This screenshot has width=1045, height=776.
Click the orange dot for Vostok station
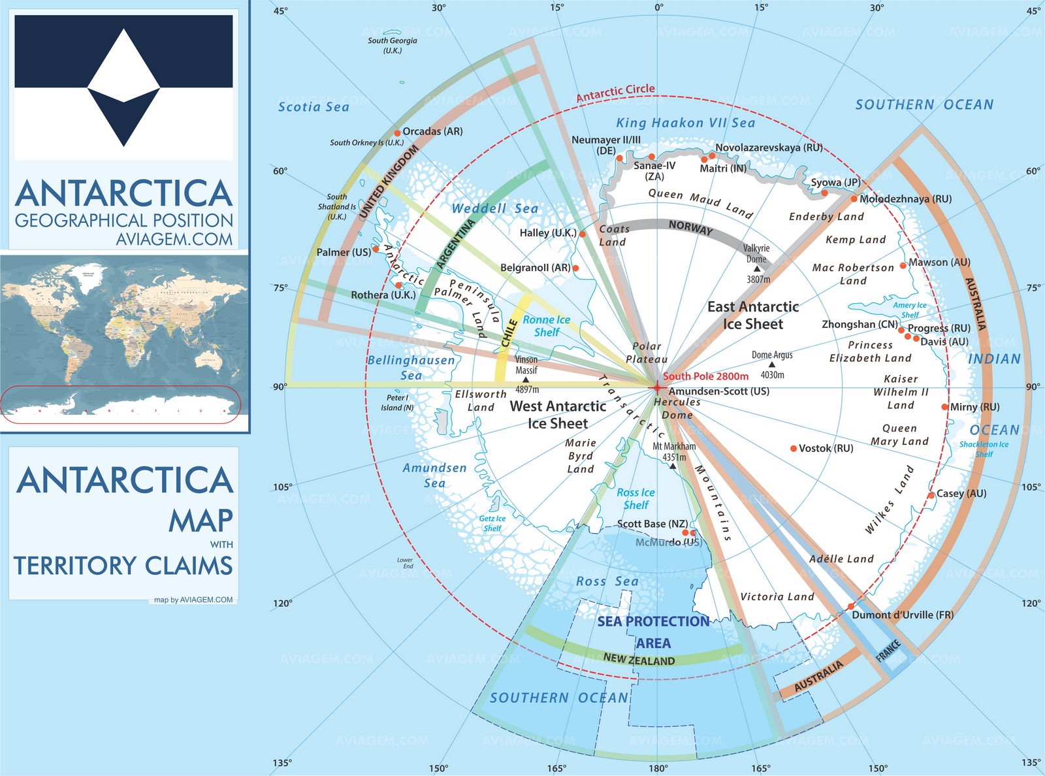[794, 449]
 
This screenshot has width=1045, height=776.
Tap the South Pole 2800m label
[705, 376]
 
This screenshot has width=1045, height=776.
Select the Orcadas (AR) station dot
[396, 133]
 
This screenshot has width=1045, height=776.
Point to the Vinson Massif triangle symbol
[526, 380]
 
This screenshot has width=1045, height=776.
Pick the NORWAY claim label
[690, 227]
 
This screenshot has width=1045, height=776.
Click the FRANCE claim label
[888, 651]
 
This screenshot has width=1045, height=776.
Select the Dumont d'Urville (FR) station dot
[850, 607]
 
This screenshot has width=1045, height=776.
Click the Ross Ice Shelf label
[635, 498]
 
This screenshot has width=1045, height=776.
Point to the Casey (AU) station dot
[931, 496]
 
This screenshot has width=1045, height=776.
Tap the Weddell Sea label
[495, 208]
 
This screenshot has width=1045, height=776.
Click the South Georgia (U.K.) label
[392, 45]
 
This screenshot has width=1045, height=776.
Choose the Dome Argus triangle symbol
[772, 364]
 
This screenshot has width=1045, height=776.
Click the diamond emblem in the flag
[124, 88]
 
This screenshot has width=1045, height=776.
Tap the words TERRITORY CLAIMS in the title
[123, 566]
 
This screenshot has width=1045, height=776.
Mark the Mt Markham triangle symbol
[673, 466]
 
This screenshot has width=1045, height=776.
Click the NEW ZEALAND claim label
[639, 659]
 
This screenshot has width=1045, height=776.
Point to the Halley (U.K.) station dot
[583, 234]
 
